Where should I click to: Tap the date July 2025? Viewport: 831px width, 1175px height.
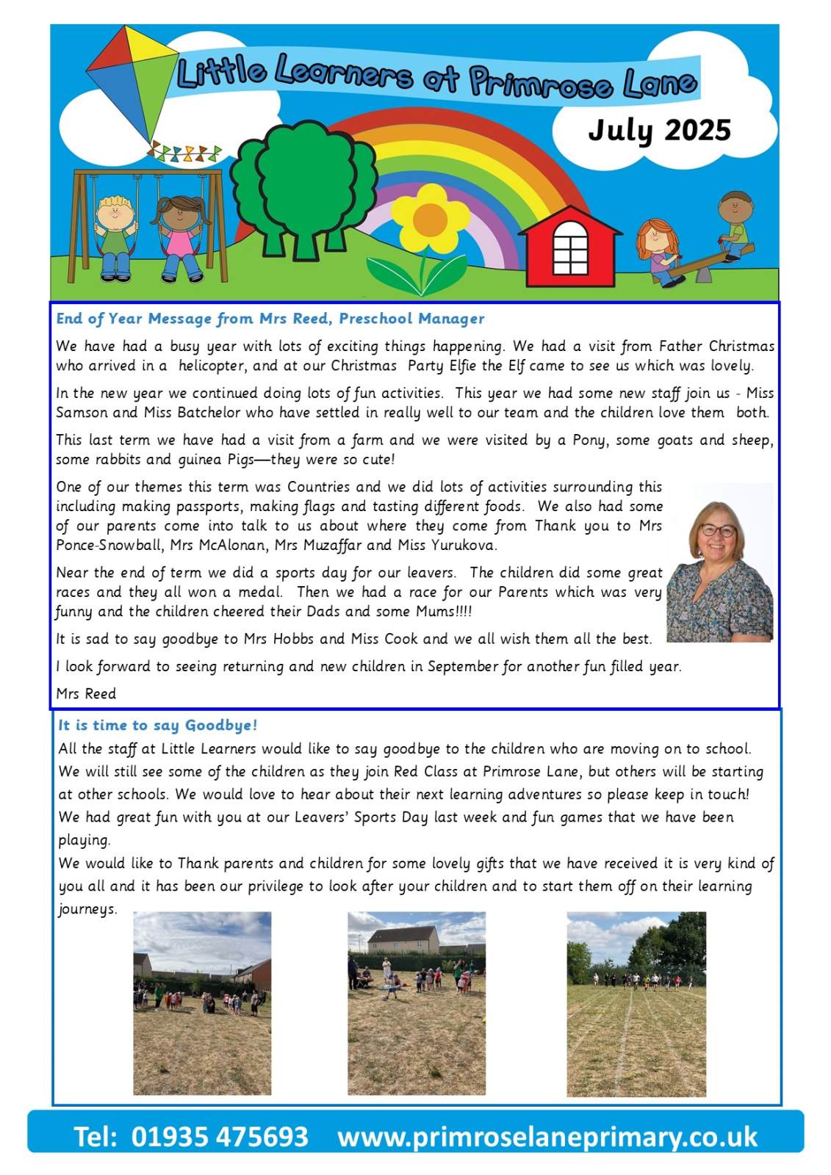tap(659, 130)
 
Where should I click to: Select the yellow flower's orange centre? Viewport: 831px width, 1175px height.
tap(430, 220)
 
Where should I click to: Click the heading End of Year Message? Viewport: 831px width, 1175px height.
tap(270, 318)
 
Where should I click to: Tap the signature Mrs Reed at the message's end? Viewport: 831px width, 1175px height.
tap(86, 693)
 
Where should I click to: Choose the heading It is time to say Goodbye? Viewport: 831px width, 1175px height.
tap(158, 725)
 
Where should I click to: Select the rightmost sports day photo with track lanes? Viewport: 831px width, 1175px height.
tap(636, 1004)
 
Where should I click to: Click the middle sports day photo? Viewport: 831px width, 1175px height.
tap(417, 1004)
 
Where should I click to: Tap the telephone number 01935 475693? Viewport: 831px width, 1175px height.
tap(219, 1136)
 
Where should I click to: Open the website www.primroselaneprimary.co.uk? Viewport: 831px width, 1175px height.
tap(547, 1137)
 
